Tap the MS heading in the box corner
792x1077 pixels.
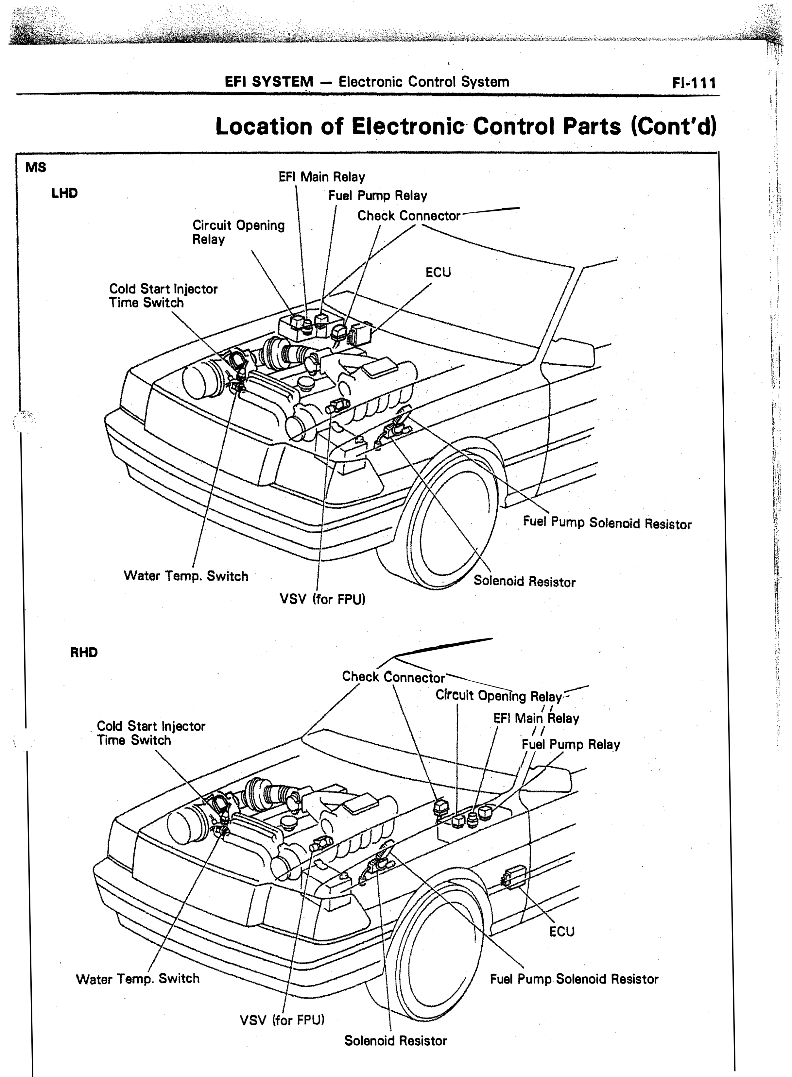[x=36, y=167]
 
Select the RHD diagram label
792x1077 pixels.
[x=84, y=653]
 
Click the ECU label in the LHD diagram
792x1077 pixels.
[x=438, y=272]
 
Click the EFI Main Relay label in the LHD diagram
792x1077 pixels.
[x=322, y=177]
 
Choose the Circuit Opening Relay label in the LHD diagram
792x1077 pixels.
[x=238, y=232]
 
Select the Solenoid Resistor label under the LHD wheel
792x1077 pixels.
[x=525, y=581]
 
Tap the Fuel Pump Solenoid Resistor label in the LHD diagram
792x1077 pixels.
[x=608, y=523]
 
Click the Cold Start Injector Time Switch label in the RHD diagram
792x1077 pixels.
[x=151, y=733]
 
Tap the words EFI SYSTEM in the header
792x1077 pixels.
[x=269, y=82]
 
